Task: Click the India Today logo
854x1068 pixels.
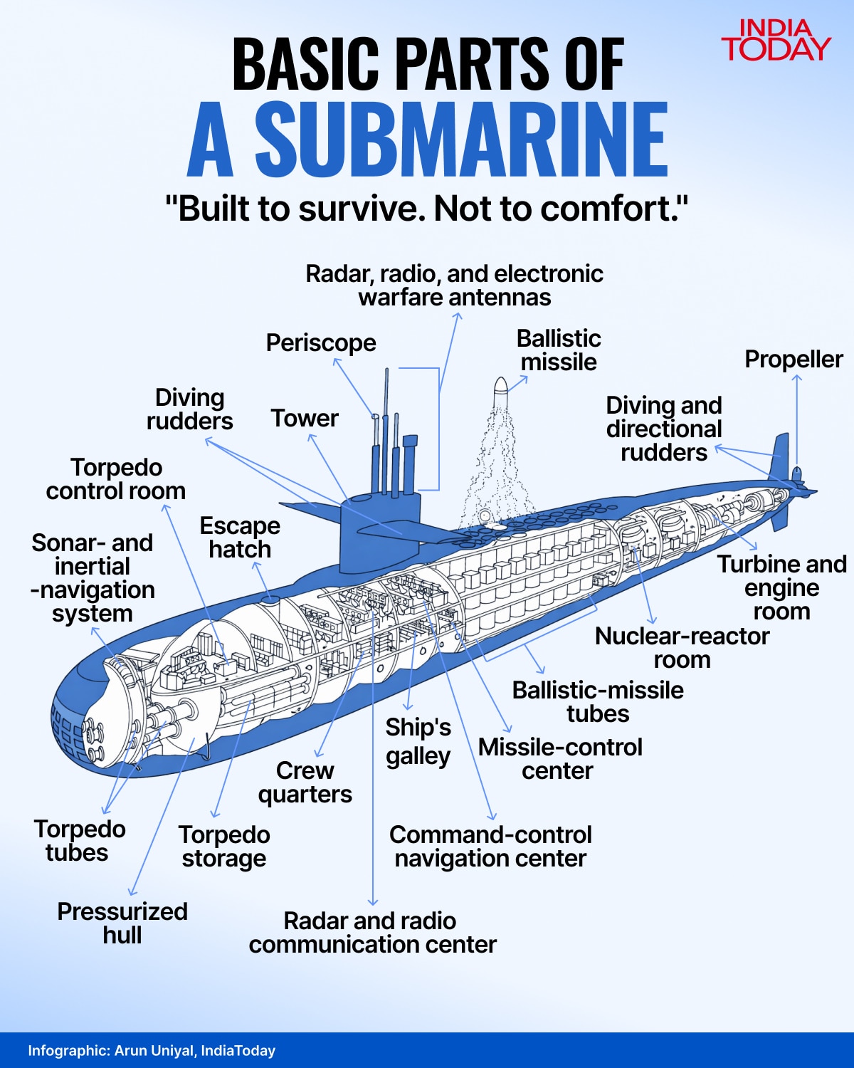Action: tap(776, 40)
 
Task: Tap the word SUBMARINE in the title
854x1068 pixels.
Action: tap(461, 139)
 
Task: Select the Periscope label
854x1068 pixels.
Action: tap(321, 343)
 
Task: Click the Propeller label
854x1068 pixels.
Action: tap(794, 360)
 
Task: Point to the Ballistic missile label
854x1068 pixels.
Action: tap(559, 350)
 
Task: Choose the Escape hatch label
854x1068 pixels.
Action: tap(240, 538)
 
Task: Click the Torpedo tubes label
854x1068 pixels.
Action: tap(79, 841)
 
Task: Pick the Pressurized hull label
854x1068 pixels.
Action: tap(122, 923)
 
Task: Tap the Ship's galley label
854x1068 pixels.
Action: tap(418, 742)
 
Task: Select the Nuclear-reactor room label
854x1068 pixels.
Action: tap(682, 648)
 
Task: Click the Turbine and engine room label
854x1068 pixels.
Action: tap(781, 588)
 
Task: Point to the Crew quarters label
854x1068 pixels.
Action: tap(305, 782)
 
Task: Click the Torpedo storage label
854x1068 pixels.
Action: tap(224, 847)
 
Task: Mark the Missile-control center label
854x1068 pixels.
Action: tap(560, 759)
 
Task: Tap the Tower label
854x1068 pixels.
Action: tap(305, 419)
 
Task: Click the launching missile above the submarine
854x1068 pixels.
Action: tap(500, 389)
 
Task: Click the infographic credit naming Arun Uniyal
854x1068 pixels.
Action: tap(152, 1051)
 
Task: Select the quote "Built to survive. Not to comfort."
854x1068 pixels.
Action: tap(426, 209)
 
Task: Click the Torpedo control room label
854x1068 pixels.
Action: tap(116, 479)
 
